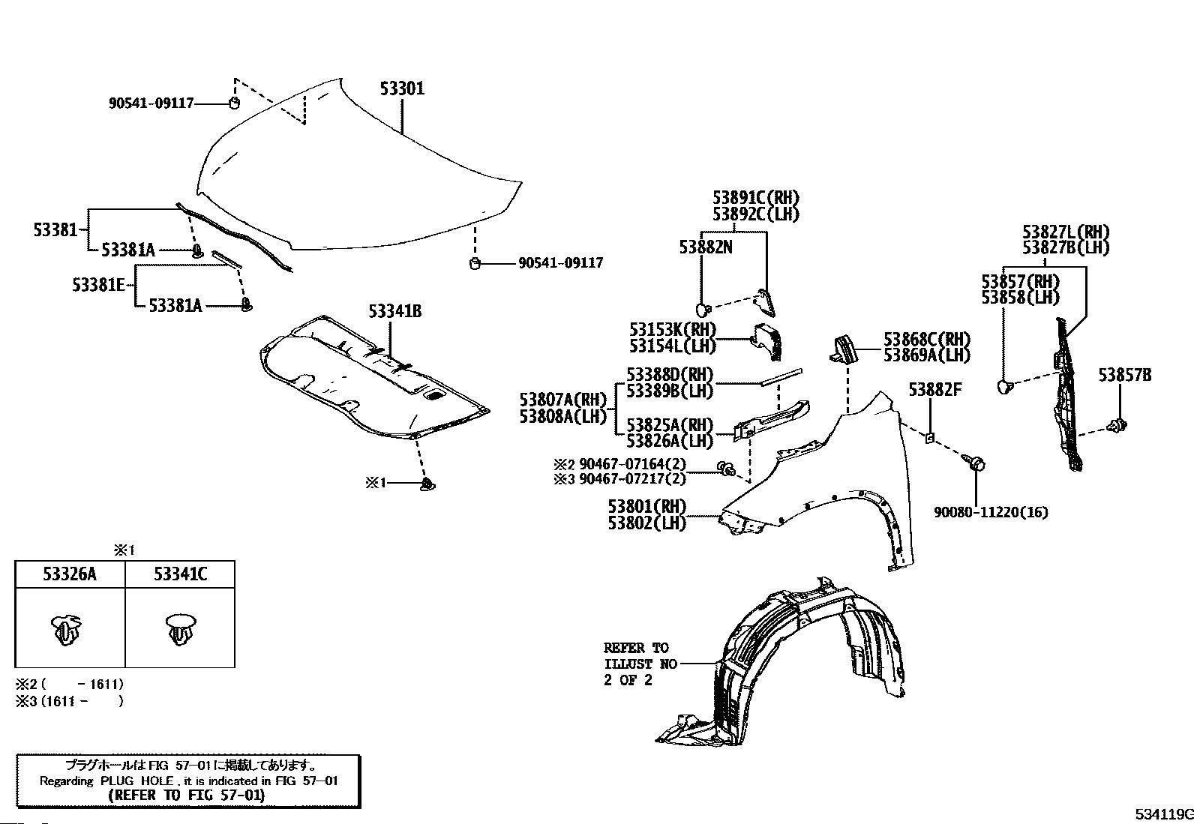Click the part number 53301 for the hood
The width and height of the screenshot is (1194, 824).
pyautogui.click(x=402, y=88)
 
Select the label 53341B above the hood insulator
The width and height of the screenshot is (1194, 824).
pyautogui.click(x=394, y=310)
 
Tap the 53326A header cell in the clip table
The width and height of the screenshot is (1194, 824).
pyautogui.click(x=70, y=574)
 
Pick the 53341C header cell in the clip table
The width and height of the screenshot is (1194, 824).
pyautogui.click(x=180, y=574)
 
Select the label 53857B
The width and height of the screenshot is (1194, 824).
pyautogui.click(x=1124, y=375)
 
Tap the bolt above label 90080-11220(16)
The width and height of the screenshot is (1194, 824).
pyautogui.click(x=976, y=465)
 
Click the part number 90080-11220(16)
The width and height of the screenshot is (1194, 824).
pyautogui.click(x=991, y=512)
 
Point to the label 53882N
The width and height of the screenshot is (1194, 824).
pyautogui.click(x=706, y=247)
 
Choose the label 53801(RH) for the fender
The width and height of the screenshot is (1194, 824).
pyautogui.click(x=647, y=506)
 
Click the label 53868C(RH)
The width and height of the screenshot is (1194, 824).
pyautogui.click(x=927, y=339)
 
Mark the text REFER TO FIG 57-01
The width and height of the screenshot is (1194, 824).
pyautogui.click(x=187, y=796)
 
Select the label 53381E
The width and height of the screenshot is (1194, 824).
pyautogui.click(x=98, y=285)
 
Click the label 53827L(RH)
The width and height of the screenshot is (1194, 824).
pyautogui.click(x=1065, y=232)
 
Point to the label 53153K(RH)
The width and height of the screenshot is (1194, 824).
pyautogui.click(x=673, y=329)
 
